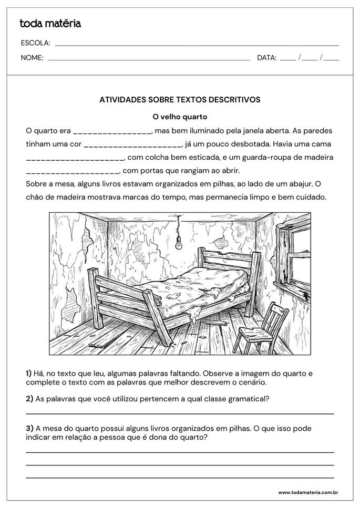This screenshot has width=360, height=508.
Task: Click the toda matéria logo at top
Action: click(50, 23)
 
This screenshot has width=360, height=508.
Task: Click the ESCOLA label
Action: click(35, 43)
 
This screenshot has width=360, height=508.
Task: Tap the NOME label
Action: click(32, 58)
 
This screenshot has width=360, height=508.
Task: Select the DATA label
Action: click(266, 58)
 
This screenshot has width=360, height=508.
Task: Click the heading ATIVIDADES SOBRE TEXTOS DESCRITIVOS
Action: click(180, 99)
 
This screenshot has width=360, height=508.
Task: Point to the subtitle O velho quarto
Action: click(180, 117)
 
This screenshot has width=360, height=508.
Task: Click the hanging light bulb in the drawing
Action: click(179, 242)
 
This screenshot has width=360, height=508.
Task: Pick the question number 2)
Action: click(29, 399)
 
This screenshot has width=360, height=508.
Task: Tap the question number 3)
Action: click(29, 429)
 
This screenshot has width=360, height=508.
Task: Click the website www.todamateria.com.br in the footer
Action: click(307, 492)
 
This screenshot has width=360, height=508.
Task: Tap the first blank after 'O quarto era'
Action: click(112, 131)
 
